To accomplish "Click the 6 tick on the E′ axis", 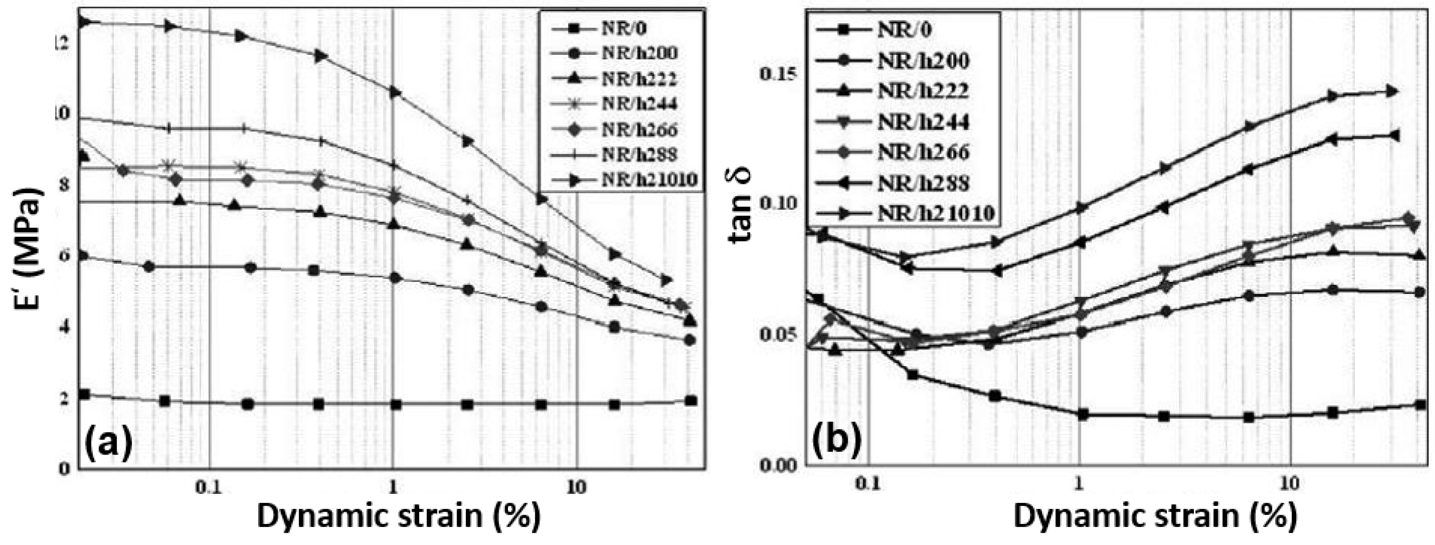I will tap(66, 257).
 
